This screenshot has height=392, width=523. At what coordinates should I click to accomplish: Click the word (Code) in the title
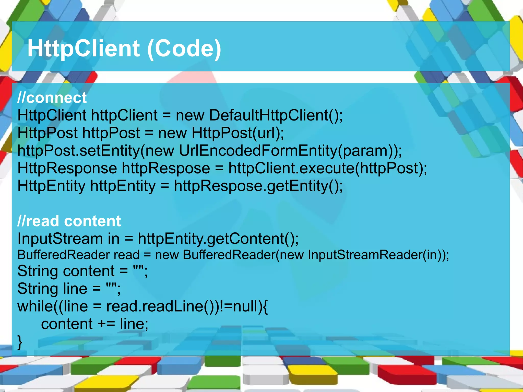[x=184, y=49]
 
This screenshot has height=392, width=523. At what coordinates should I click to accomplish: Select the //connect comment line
[x=52, y=98]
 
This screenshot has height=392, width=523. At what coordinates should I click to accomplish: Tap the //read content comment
[x=69, y=221]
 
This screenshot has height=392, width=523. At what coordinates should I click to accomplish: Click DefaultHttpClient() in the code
[x=276, y=115]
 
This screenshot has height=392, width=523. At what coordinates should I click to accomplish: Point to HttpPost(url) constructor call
[x=237, y=133]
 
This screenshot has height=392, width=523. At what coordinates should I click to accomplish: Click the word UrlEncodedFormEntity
[x=258, y=151]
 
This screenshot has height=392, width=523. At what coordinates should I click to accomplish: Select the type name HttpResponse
[x=67, y=168]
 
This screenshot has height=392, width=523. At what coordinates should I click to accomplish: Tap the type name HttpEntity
[x=51, y=186]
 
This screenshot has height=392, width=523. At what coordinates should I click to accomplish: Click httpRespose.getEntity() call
[x=258, y=186]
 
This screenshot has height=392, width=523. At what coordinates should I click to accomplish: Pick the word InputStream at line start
[x=60, y=239]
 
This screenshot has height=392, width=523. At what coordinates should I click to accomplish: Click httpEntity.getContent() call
[x=218, y=239]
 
